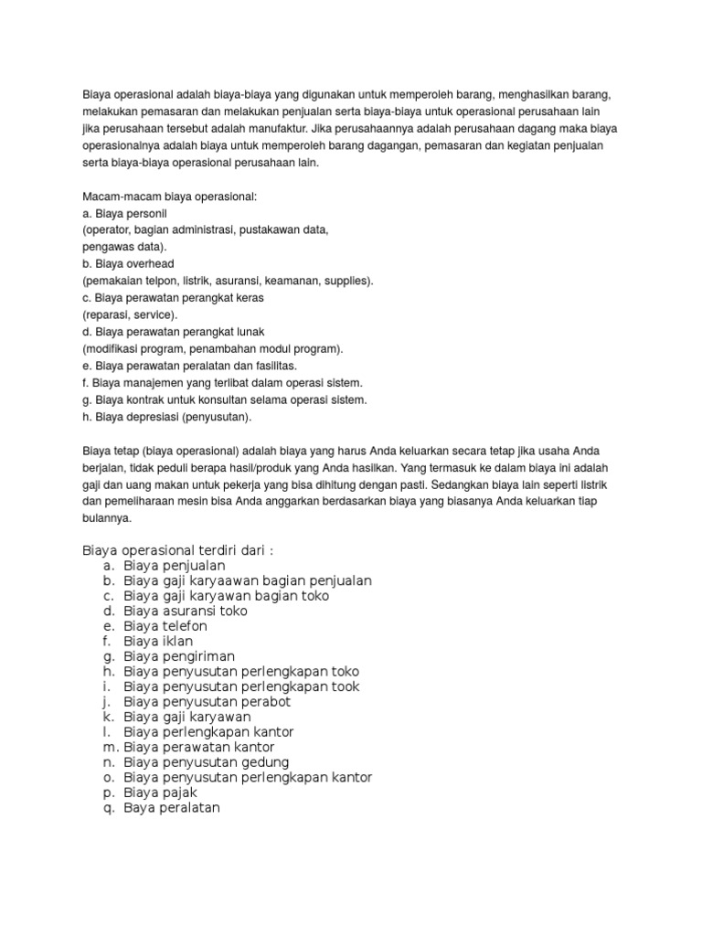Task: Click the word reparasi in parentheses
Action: click(x=110, y=314)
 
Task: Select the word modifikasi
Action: click(x=112, y=348)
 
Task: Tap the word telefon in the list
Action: click(x=186, y=626)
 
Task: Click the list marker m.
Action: click(x=109, y=747)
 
